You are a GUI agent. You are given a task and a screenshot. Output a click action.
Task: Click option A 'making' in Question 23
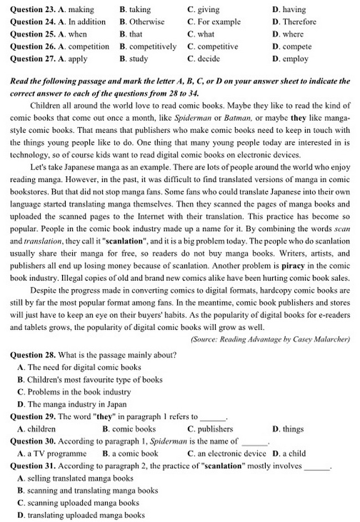pyautogui.click(x=80, y=9)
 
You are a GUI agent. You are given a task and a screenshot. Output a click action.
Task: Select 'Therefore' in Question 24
pyautogui.click(x=299, y=22)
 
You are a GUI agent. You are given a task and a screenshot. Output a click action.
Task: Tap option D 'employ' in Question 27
pyautogui.click(x=295, y=59)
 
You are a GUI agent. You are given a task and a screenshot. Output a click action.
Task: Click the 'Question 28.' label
pyautogui.click(x=33, y=355)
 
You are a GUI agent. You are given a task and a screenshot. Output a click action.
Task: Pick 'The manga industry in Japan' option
pyautogui.click(x=72, y=404)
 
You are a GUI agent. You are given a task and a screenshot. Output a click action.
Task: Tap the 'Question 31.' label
pyautogui.click(x=33, y=466)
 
